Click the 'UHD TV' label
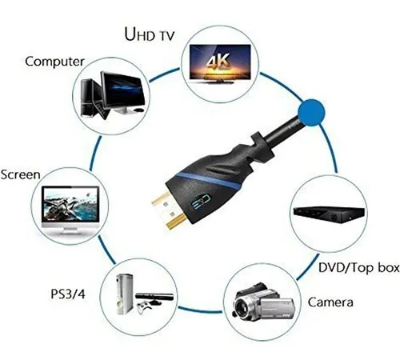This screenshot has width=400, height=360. pos(150,34)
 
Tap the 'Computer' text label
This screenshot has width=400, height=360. pos(54,62)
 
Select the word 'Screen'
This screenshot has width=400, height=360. pos(20,174)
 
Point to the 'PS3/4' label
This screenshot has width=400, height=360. pos(68,294)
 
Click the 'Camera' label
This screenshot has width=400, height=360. pos(330,302)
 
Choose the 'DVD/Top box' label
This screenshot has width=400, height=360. pos(359,268)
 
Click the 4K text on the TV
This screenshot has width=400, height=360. pos(218,62)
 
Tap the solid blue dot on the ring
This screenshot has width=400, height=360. pos(311,112)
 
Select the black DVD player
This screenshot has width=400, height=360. pos(329,214)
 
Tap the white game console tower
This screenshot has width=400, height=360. pos(125,294)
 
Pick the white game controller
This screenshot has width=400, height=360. pos(143,306)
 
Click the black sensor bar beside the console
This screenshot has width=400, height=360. pos(154,296)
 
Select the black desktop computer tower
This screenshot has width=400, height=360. pos(88,98)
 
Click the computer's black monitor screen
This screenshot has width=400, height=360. pos(122,90)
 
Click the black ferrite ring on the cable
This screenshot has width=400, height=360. pos(262,147)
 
